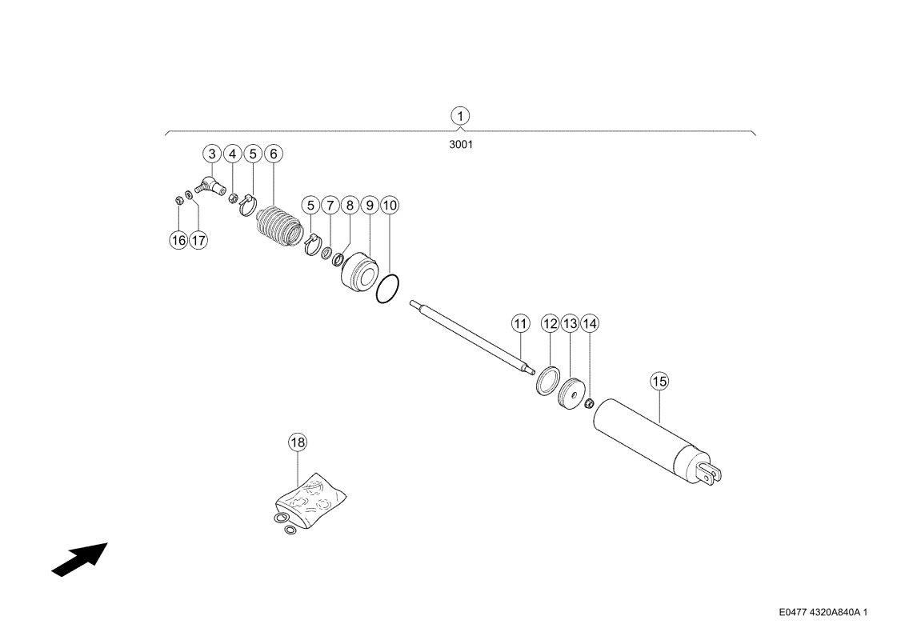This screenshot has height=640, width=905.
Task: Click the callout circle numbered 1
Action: click(460, 116)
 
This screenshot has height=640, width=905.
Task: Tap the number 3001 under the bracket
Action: click(461, 144)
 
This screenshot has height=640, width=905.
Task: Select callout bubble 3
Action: click(212, 154)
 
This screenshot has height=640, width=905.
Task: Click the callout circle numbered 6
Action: click(273, 154)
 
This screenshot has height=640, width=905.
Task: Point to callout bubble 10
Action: click(390, 206)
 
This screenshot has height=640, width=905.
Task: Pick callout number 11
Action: click(521, 324)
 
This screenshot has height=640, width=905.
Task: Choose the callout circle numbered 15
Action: click(659, 382)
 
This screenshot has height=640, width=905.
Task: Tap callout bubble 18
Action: click(297, 442)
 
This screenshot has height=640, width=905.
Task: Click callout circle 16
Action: click(178, 240)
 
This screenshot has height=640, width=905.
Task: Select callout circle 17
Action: click(198, 240)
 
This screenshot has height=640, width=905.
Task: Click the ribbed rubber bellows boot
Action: click(279, 226)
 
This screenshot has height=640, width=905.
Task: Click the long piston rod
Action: click(471, 337)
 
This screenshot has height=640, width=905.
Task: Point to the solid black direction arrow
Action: click(80, 559)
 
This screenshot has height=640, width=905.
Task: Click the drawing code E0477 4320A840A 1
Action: click(823, 612)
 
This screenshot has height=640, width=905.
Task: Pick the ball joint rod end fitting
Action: click(211, 186)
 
